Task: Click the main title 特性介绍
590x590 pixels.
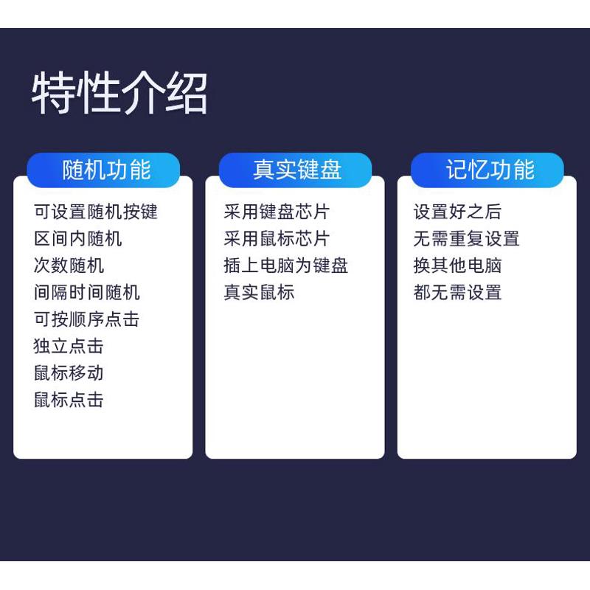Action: (119, 93)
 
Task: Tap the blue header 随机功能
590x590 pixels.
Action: (107, 170)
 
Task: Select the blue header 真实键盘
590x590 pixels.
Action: (297, 170)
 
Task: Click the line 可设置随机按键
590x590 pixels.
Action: (96, 212)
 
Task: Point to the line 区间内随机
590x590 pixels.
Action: (78, 238)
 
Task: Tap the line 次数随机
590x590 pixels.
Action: (69, 265)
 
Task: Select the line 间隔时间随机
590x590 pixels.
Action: (86, 292)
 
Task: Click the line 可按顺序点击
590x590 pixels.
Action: (86, 319)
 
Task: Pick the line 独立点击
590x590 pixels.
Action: (69, 346)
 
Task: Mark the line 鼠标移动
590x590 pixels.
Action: (69, 373)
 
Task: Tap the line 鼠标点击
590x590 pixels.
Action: (69, 400)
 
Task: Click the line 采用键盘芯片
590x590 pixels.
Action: (277, 212)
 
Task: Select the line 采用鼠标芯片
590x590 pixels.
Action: (277, 238)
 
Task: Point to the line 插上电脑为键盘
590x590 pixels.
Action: (286, 265)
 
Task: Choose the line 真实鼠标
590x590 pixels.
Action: (260, 292)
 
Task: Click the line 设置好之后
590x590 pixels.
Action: (457, 212)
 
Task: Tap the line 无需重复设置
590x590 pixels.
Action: (467, 238)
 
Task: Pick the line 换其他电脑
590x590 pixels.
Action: (457, 265)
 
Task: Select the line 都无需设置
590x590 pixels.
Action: (457, 292)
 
